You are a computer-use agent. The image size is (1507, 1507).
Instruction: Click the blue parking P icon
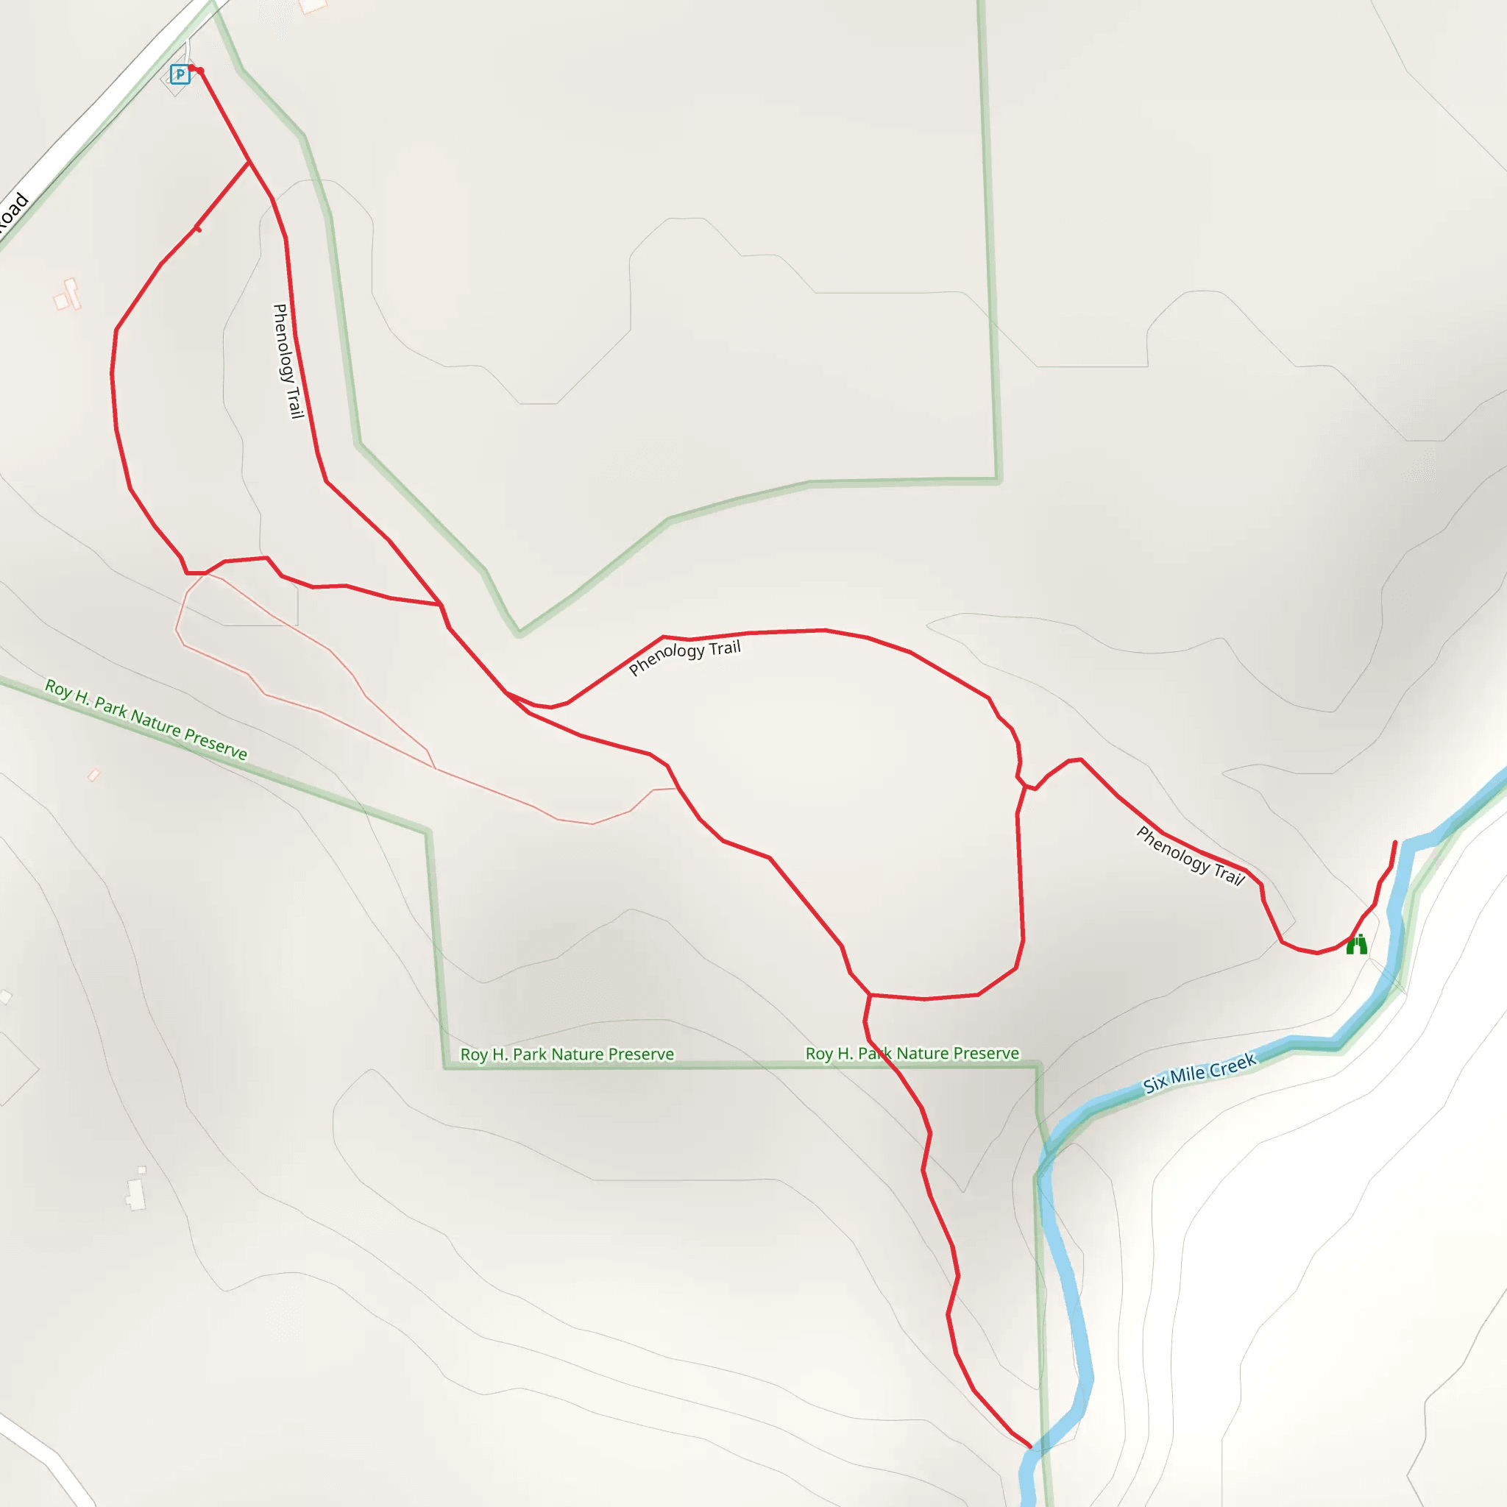[180, 75]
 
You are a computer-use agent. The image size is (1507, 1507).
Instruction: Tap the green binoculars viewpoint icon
[1356, 945]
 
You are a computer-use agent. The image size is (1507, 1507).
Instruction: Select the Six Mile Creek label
[1199, 1074]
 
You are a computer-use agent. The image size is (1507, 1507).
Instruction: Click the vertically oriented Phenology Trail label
[287, 361]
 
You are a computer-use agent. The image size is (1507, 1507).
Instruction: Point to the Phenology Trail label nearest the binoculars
[1190, 856]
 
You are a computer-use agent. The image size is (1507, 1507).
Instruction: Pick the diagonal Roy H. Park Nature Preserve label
[146, 719]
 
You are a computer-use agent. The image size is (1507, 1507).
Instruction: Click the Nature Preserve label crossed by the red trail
[912, 1054]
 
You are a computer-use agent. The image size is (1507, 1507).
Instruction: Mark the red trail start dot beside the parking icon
[199, 71]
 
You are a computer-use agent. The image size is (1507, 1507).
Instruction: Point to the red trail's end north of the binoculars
[1395, 843]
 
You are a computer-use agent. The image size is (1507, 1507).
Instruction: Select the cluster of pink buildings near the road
[67, 296]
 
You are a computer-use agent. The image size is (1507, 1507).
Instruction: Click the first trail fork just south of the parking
[249, 162]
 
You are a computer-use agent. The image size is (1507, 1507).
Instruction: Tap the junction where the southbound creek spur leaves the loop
[869, 995]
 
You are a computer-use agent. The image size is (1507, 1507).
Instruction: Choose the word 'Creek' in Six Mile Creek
[1233, 1065]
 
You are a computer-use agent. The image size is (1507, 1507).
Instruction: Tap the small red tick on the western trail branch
[197, 228]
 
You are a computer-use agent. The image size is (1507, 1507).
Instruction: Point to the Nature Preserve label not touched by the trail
[567, 1054]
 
